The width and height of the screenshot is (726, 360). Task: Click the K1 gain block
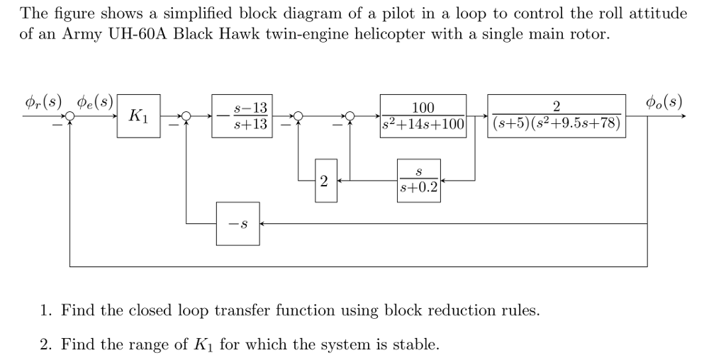[138, 116]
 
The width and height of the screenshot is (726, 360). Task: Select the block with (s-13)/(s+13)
[241, 116]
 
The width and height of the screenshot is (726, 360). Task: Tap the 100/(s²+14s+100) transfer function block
[423, 116]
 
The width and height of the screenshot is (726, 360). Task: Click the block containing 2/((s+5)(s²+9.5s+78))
[556, 116]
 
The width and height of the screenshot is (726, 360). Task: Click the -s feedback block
[238, 224]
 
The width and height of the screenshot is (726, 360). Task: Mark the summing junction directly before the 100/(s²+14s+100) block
[350, 116]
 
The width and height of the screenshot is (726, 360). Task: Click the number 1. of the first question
[46, 310]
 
